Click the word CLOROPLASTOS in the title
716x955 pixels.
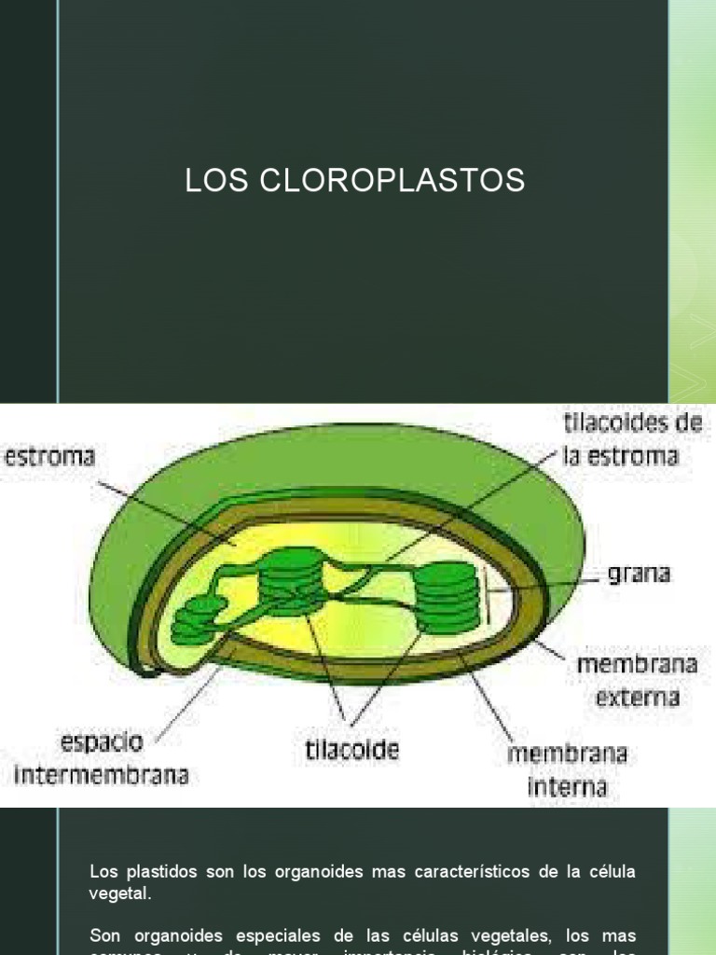392,182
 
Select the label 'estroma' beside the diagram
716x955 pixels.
50,457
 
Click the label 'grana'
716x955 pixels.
639,573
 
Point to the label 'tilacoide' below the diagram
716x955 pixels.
352,749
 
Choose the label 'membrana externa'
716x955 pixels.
638,681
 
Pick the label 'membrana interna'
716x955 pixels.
567,769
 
